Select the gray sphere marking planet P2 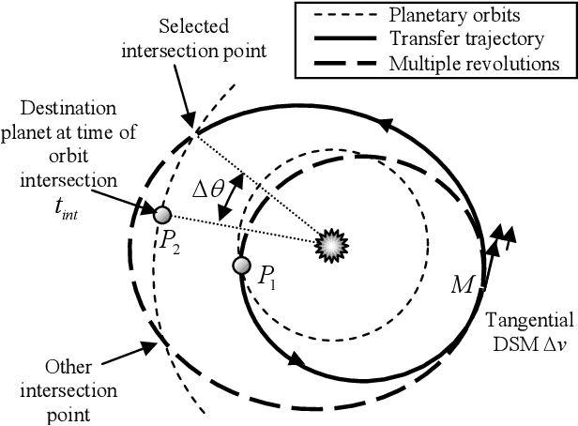click(161, 214)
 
